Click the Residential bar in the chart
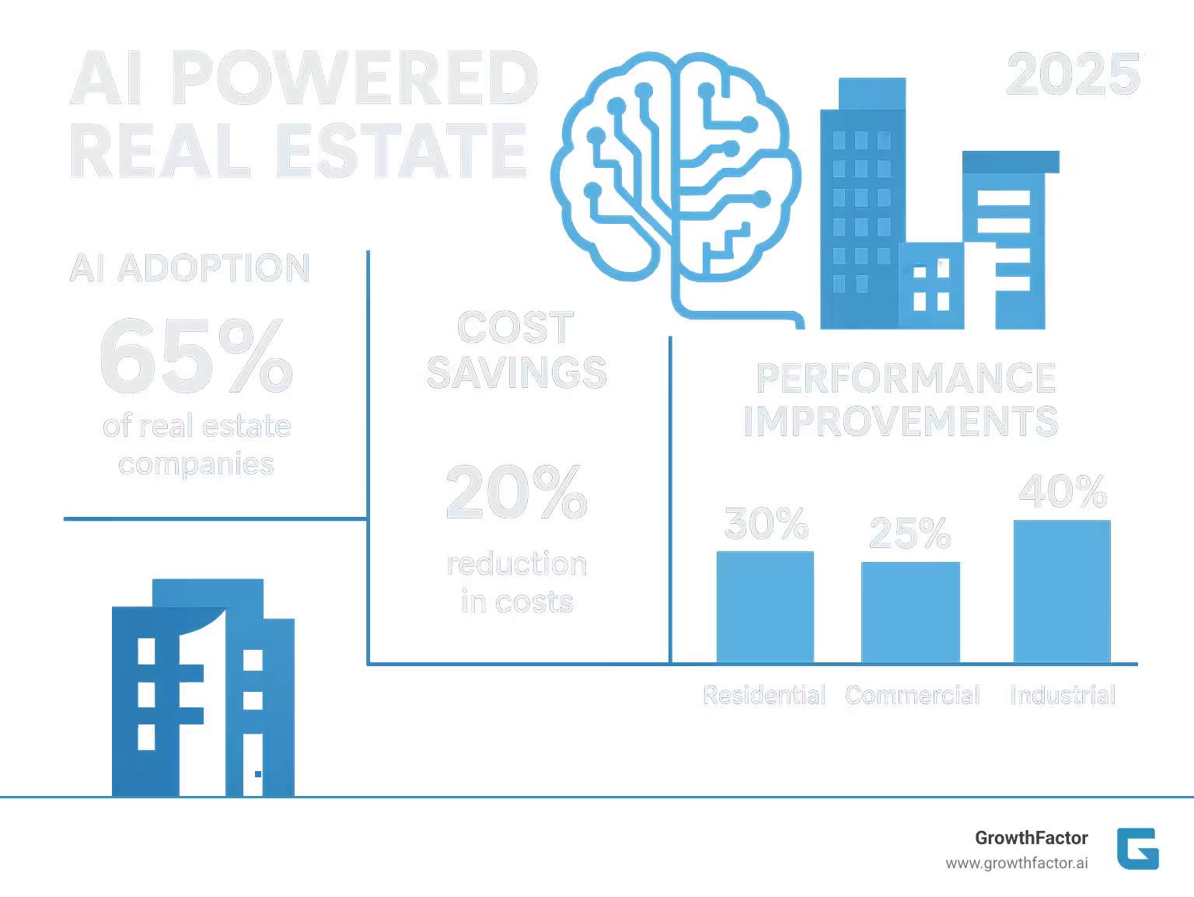coord(765,606)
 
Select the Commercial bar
coord(910,612)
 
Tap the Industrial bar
coord(1062,591)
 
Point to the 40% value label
coord(1063,491)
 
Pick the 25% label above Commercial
coord(909,533)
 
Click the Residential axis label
coord(764,695)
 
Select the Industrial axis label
coord(1063,695)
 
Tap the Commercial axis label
coord(913,695)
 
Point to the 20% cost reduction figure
coord(517,492)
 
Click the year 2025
coord(1074,75)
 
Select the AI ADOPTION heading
coord(190,268)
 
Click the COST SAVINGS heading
coord(516,350)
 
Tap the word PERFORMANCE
coord(906,379)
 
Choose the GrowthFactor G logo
coord(1137,848)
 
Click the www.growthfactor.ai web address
coord(1017,864)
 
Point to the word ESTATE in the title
coord(401,151)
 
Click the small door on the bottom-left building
coord(253,766)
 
